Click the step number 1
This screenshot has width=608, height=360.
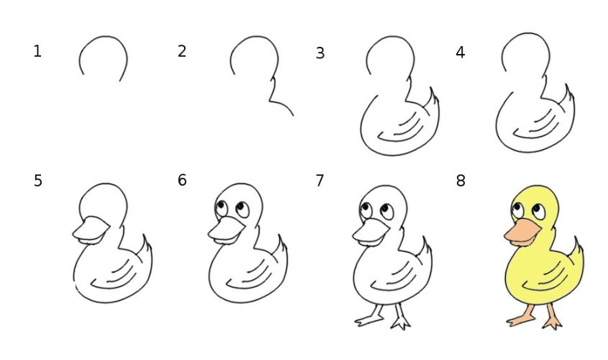(x=37, y=51)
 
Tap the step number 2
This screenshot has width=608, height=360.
(x=182, y=51)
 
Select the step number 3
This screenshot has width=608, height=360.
(x=320, y=53)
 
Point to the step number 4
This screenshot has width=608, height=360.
(x=460, y=52)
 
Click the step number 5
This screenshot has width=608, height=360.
(x=38, y=181)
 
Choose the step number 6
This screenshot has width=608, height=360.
(x=182, y=180)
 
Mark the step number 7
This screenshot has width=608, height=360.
(x=320, y=181)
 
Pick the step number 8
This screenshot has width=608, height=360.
(x=460, y=181)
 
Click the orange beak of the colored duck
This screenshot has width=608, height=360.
(x=521, y=232)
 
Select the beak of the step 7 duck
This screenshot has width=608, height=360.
(x=369, y=232)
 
